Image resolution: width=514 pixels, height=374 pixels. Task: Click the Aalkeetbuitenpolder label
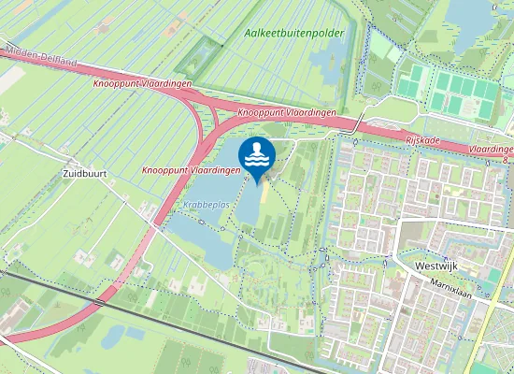[294, 33]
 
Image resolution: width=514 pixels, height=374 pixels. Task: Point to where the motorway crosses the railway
[97, 303]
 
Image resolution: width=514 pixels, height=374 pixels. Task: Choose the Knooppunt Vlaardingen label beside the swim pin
[185, 171]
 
